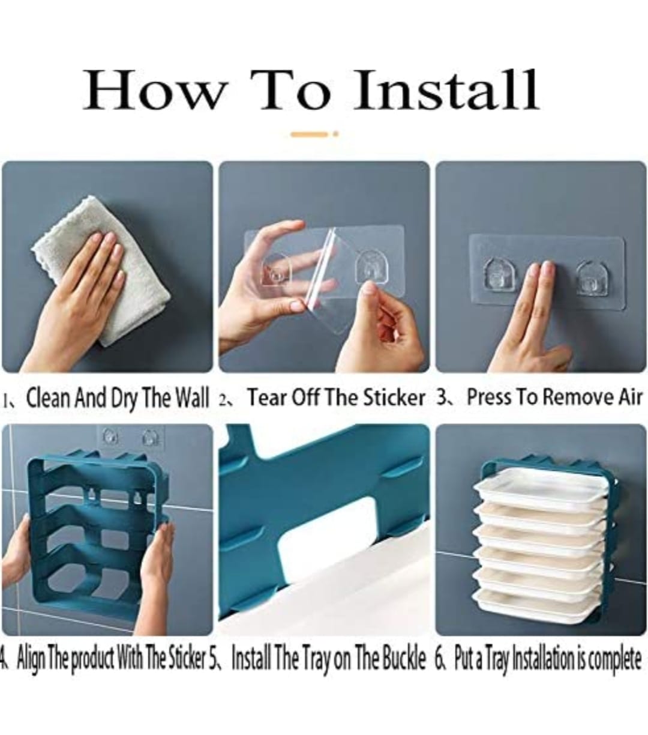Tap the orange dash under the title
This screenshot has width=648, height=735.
(x=310, y=135)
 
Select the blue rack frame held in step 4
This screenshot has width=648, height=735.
(x=98, y=533)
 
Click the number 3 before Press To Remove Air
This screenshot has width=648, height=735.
(x=442, y=396)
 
